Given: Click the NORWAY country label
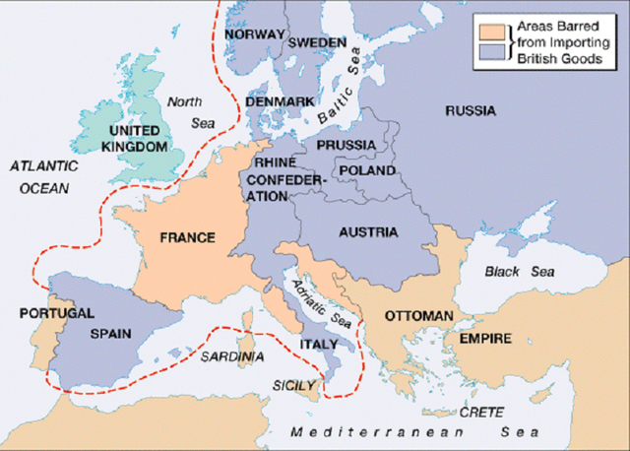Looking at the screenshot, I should coord(255,34).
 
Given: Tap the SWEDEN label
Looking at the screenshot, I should coord(317,43).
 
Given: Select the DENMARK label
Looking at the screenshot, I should coord(281,101).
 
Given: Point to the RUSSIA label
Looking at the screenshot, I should coord(470,111).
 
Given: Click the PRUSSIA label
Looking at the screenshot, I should coord(346,145).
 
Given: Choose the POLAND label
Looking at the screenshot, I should coord(366,170).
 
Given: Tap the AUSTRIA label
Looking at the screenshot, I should coord(366,232).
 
